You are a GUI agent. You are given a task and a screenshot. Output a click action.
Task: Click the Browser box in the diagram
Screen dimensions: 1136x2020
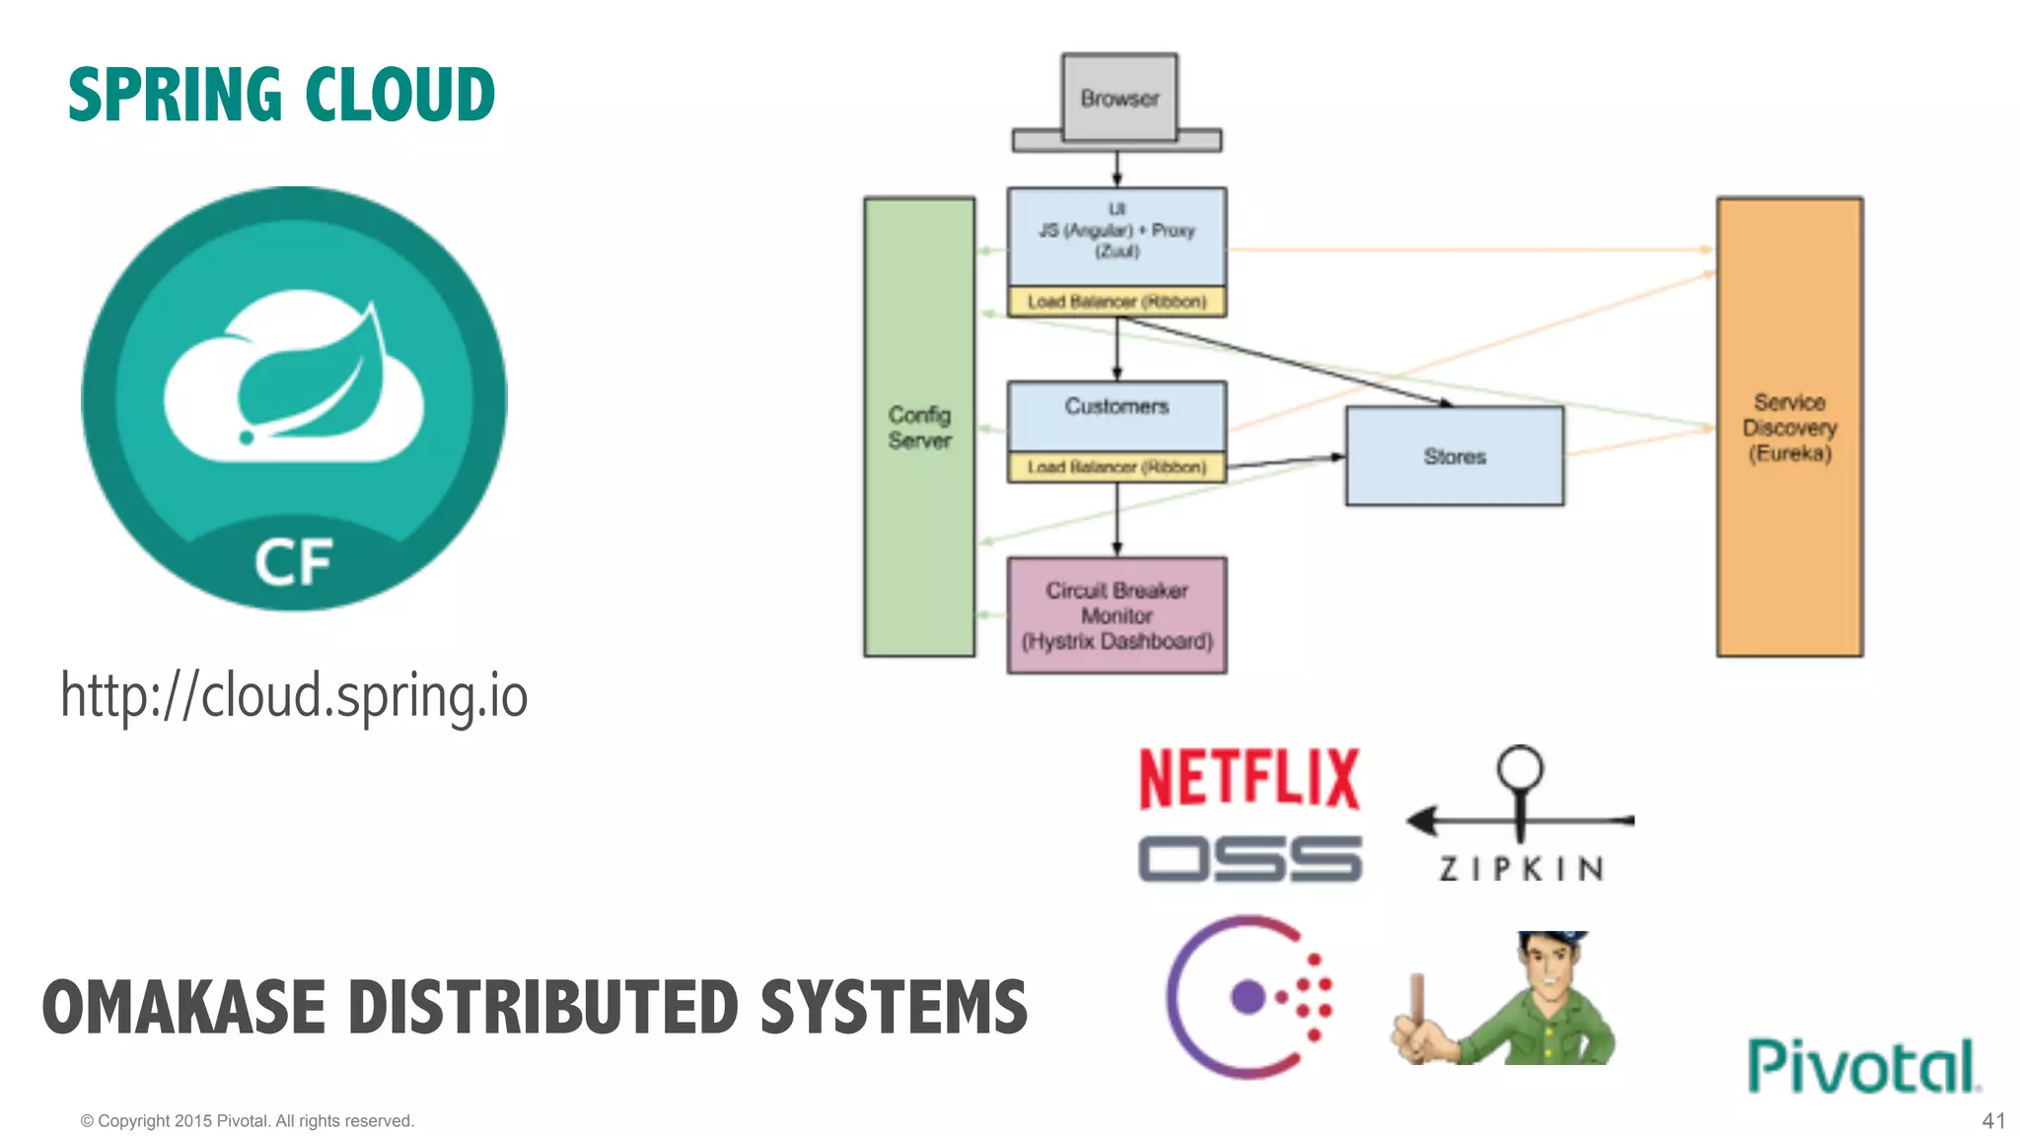[x=1118, y=99]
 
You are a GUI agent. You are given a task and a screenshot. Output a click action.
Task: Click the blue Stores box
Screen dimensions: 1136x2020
[x=1454, y=457]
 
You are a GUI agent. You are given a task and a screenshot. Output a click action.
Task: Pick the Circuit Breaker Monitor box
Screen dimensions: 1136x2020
[x=1117, y=615]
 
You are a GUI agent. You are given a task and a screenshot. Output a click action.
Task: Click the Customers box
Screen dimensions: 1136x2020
[x=1117, y=414]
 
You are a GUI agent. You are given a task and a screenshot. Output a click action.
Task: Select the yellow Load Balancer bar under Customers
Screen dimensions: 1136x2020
[x=1117, y=467]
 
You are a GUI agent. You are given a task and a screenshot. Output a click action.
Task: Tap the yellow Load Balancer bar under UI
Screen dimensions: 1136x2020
[x=1117, y=302]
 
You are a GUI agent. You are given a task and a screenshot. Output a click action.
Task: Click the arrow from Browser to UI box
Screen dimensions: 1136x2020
[x=1117, y=169]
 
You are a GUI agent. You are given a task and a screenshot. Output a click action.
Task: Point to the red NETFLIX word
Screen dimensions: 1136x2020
[x=1249, y=779]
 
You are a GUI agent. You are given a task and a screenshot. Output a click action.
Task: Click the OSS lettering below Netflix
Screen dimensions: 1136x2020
[x=1249, y=858]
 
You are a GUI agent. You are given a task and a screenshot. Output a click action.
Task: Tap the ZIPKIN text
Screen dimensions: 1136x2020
[x=1520, y=869]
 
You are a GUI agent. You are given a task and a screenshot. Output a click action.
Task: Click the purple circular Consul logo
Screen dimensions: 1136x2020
[x=1248, y=997]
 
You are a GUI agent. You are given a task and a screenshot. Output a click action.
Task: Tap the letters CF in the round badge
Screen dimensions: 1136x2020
[x=293, y=563]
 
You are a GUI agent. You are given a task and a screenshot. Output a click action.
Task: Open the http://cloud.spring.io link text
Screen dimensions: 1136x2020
[x=294, y=695]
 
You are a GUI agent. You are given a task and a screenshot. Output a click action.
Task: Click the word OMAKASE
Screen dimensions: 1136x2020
[x=183, y=1008]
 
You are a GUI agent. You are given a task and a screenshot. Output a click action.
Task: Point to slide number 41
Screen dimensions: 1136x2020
[x=1992, y=1121]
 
